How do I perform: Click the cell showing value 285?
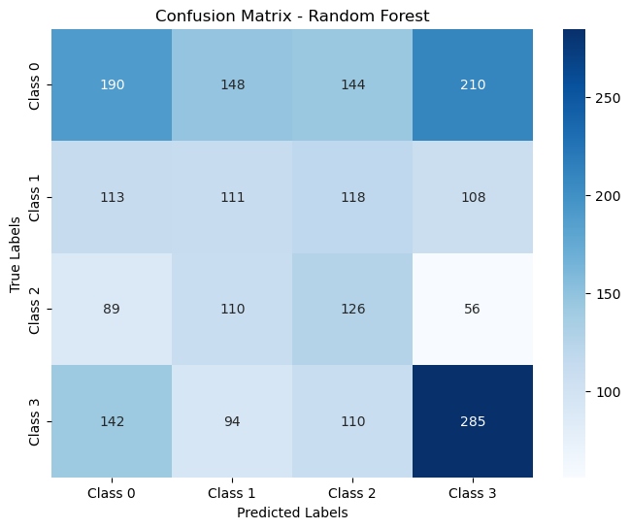(474, 421)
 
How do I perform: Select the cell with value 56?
(474, 309)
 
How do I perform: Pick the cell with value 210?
(474, 84)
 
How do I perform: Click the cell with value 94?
(232, 421)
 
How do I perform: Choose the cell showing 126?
(352, 309)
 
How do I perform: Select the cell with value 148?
(232, 84)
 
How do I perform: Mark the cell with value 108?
(474, 197)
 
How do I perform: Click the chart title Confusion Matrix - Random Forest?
(292, 15)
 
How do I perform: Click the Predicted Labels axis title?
(292, 513)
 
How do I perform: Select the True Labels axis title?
(16, 252)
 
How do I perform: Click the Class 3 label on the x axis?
(474, 494)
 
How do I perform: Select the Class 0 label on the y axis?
(36, 84)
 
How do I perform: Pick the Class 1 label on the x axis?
(232, 494)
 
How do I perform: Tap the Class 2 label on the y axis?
(36, 309)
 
